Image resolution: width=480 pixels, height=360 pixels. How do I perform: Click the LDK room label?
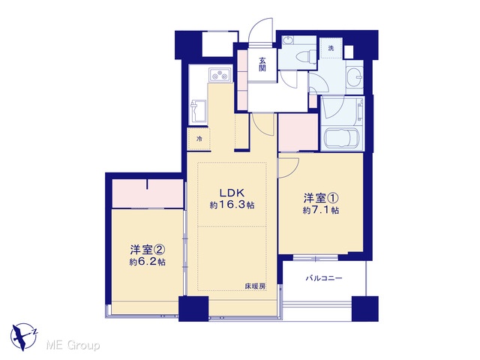click(x=232, y=193)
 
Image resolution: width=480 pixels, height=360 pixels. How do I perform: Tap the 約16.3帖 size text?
click(x=232, y=205)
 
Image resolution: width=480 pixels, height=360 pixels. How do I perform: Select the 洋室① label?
click(x=320, y=198)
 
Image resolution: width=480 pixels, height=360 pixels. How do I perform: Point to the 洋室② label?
click(x=148, y=250)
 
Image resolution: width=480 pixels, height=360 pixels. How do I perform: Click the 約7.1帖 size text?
click(x=320, y=210)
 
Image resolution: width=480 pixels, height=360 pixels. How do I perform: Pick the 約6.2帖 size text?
click(x=148, y=262)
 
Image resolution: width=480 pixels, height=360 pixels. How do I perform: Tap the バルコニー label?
click(x=324, y=278)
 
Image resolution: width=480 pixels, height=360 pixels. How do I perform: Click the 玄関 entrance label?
click(x=262, y=64)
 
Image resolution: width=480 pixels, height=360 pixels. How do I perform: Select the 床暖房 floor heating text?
click(x=255, y=286)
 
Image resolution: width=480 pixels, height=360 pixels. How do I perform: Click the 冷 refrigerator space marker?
click(x=199, y=139)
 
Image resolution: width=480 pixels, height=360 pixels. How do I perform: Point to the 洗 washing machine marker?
click(x=331, y=48)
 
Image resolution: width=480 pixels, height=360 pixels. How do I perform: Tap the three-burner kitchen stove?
click(x=220, y=75)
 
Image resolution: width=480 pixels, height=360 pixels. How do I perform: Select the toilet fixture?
click(x=308, y=57)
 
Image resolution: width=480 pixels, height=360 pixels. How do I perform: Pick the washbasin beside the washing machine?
click(x=355, y=76)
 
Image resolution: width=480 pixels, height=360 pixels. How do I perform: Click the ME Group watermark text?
click(x=73, y=346)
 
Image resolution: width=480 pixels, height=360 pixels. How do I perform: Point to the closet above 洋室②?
click(x=148, y=193)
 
